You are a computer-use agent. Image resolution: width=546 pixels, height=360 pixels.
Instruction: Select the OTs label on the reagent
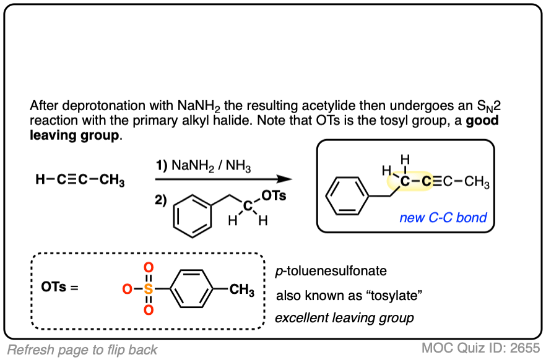pyautogui.click(x=273, y=195)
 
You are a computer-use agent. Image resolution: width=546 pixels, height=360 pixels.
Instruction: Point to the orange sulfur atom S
pyautogui.click(x=147, y=289)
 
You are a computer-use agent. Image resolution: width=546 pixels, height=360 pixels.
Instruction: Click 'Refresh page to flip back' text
pyautogui.click(x=82, y=349)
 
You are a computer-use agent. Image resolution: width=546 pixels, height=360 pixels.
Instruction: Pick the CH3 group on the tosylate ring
pyautogui.click(x=241, y=290)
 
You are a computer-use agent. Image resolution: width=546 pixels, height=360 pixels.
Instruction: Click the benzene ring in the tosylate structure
pyautogui.click(x=191, y=289)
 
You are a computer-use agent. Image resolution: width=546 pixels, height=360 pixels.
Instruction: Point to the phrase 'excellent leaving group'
pyautogui.click(x=344, y=319)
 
